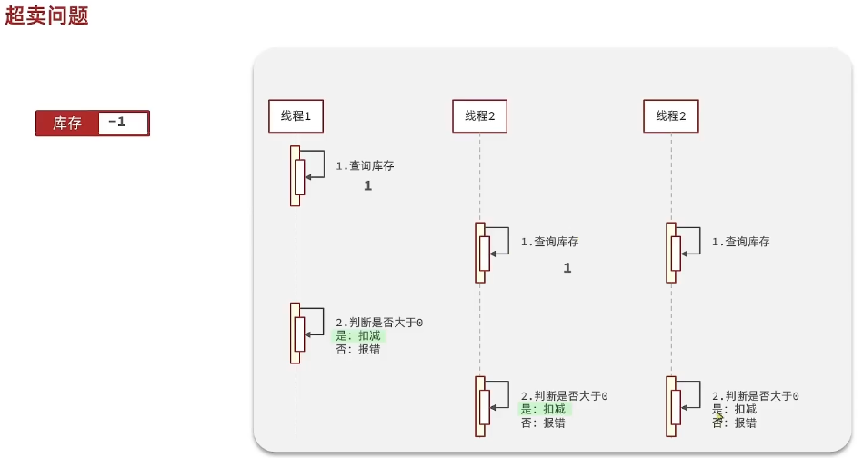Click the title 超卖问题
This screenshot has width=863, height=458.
pos(46,15)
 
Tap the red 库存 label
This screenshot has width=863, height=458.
pos(67,124)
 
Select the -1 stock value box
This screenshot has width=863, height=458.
pos(123,123)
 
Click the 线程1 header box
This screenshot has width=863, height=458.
pos(296,115)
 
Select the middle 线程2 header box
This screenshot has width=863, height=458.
pos(479,115)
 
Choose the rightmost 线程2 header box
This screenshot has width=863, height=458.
pos(671,115)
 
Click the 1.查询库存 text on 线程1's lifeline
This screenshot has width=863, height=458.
pos(366,166)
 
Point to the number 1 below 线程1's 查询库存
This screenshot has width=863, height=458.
pos(368,185)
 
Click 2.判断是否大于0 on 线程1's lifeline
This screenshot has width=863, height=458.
pos(379,323)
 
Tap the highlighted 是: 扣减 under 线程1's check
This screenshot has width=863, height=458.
pos(359,335)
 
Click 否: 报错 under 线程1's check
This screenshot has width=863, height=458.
pos(358,349)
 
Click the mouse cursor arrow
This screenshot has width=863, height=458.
pos(719,417)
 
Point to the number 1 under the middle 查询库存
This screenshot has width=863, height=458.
pos(567,268)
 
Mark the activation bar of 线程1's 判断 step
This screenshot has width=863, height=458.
pos(296,333)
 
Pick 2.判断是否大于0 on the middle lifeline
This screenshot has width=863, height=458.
pos(564,396)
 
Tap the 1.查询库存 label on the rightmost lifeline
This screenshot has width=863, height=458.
pos(741,242)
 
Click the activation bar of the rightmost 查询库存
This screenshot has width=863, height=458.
pos(671,253)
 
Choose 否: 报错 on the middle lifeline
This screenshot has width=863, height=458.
pos(543,423)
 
